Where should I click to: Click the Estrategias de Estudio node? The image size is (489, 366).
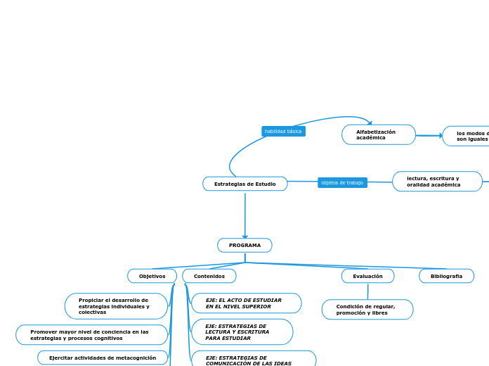(x=245, y=184)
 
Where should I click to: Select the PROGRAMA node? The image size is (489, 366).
(x=244, y=245)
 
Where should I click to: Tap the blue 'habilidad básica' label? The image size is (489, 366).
(x=283, y=132)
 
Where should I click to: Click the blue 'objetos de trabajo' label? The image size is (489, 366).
(x=342, y=182)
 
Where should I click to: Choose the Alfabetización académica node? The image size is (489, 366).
(x=379, y=134)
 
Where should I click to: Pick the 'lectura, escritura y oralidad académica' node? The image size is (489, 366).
(x=437, y=182)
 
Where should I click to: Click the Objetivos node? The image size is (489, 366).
(x=152, y=276)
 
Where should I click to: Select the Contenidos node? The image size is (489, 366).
(x=209, y=276)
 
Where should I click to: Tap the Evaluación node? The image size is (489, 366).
(x=367, y=276)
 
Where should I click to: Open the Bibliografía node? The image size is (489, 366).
(x=446, y=276)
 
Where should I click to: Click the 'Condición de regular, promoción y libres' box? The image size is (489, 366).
(x=367, y=310)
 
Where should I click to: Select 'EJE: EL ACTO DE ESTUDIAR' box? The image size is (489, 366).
(x=246, y=303)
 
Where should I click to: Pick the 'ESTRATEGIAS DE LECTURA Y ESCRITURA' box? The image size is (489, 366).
(x=242, y=332)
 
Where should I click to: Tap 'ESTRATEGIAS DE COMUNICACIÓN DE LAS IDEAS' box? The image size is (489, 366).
(x=253, y=359)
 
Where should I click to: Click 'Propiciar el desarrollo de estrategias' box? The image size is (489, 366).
(x=116, y=306)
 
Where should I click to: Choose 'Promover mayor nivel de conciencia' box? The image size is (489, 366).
(x=91, y=334)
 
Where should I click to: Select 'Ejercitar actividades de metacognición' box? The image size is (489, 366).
(x=103, y=358)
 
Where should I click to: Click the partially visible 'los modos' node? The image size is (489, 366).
(x=467, y=136)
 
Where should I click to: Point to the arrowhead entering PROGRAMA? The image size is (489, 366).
(x=245, y=236)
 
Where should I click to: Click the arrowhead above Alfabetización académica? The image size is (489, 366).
(x=370, y=123)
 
